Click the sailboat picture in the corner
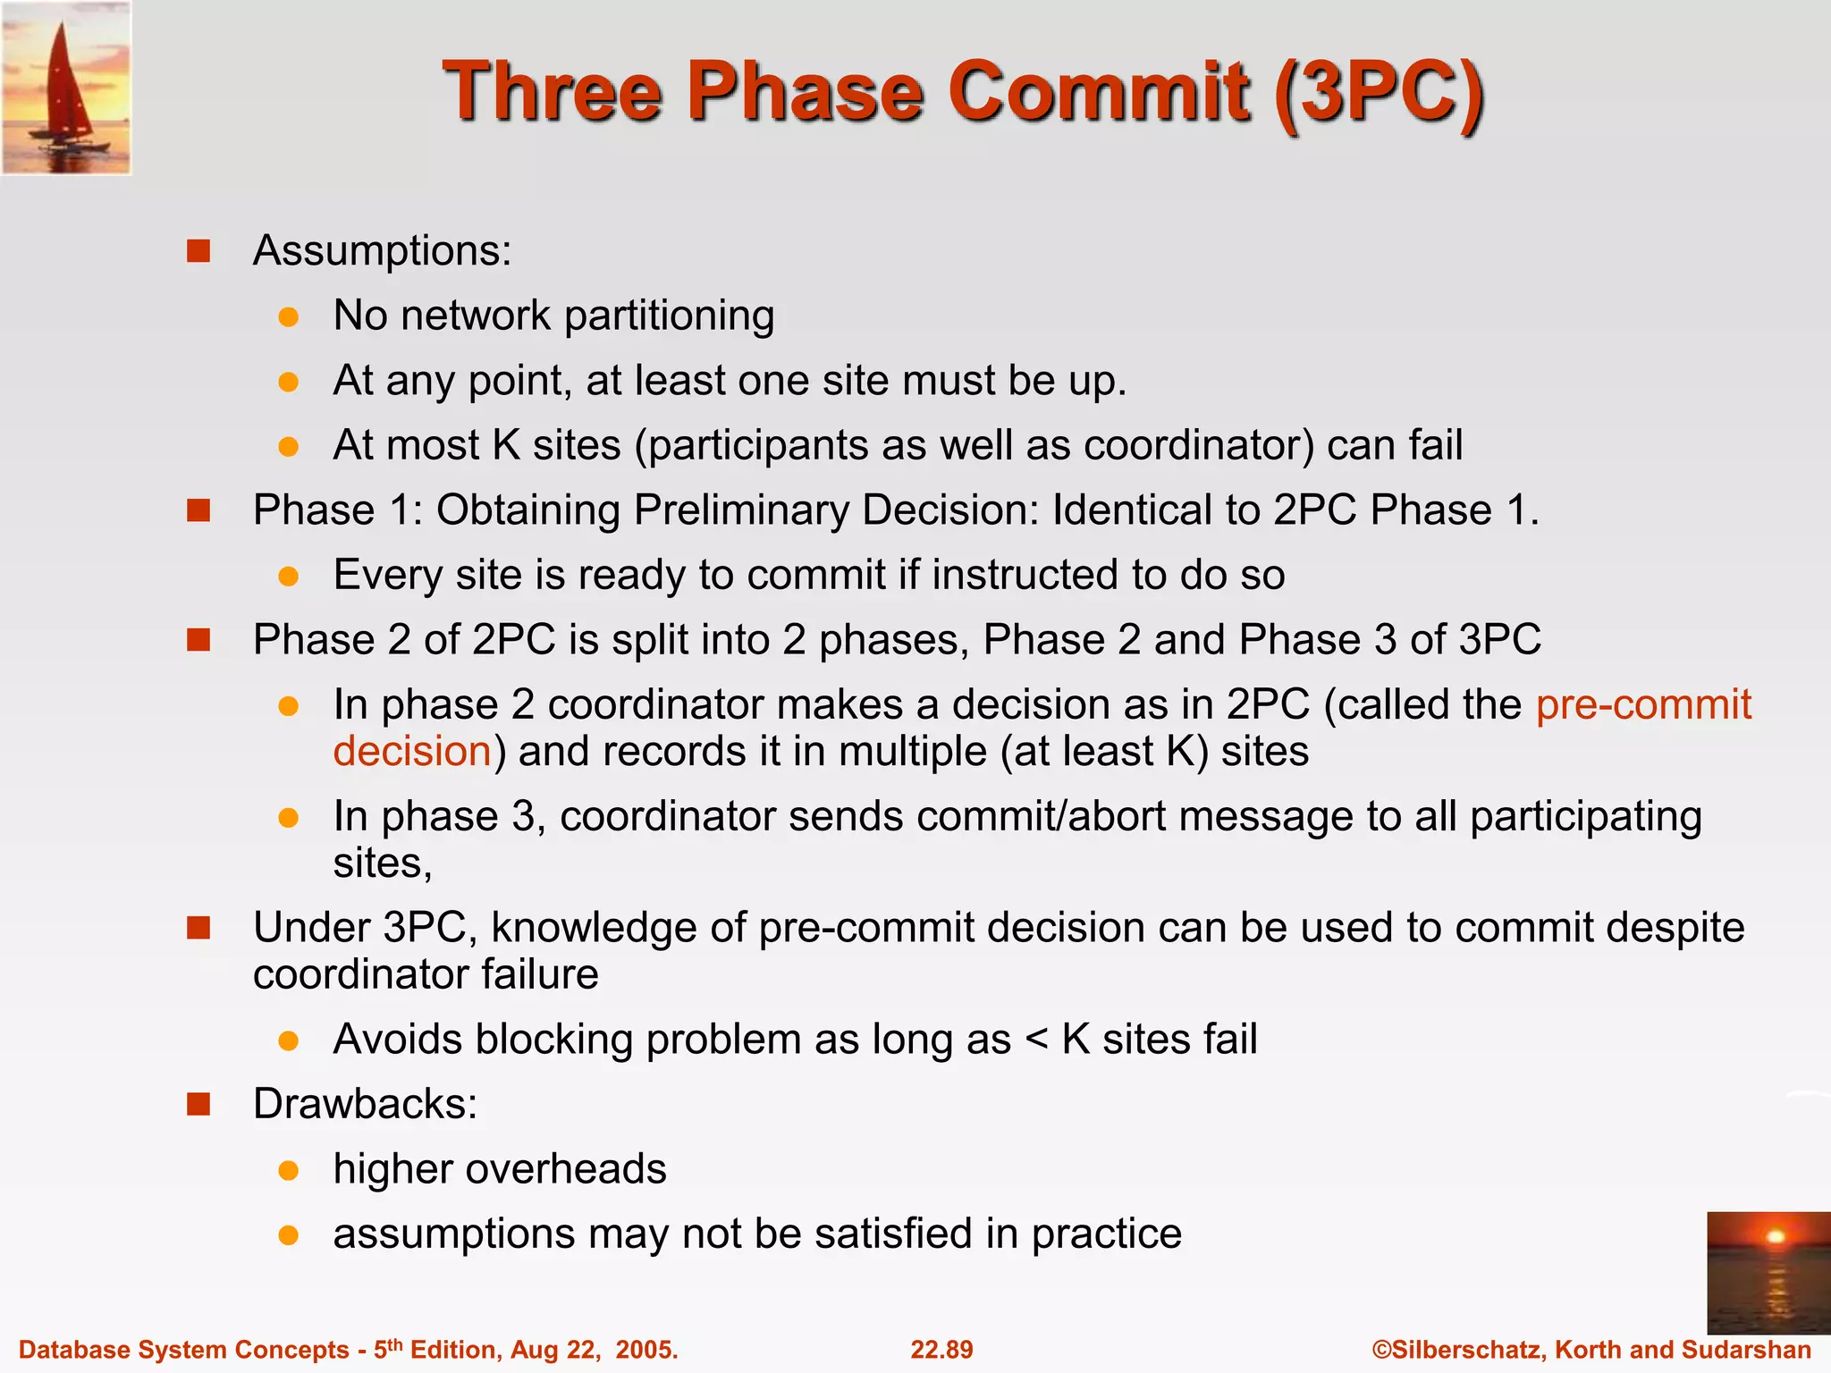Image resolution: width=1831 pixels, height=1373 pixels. pyautogui.click(x=66, y=88)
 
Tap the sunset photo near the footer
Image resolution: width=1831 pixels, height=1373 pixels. pyautogui.click(x=1768, y=1272)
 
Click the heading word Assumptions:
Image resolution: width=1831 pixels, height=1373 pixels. pyautogui.click(x=382, y=251)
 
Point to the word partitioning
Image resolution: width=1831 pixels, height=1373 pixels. pyautogui.click(x=669, y=316)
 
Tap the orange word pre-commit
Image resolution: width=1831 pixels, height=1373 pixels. pyautogui.click(x=1642, y=705)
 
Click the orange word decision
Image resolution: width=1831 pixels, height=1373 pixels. pyautogui.click(x=412, y=752)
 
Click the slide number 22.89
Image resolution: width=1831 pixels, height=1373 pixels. pyautogui.click(x=941, y=1350)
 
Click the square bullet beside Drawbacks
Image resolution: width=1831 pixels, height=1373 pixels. pyautogui.click(x=198, y=1105)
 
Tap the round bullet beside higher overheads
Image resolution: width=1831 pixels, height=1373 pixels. pyautogui.click(x=288, y=1171)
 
